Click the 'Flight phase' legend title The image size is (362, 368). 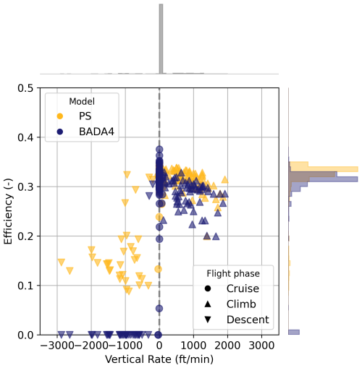click(233, 273)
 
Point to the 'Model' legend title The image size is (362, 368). click(82, 101)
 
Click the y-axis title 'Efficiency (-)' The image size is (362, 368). click(8, 211)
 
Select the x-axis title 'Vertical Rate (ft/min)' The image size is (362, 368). click(159, 359)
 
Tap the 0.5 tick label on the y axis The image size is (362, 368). click(25, 88)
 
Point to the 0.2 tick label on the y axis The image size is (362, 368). click(25, 236)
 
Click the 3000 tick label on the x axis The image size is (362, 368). click(261, 346)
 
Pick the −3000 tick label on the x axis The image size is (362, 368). click(57, 346)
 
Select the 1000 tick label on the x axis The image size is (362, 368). click(193, 346)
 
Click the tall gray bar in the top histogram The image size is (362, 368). click(161, 39)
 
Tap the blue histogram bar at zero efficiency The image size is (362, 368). click(294, 332)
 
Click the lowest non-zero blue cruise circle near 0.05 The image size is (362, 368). click(159, 308)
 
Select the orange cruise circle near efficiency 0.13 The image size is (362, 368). click(158, 269)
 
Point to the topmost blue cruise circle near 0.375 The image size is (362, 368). click(159, 150)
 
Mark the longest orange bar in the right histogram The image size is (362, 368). click(324, 169)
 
